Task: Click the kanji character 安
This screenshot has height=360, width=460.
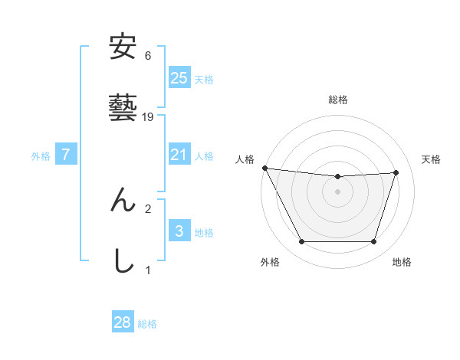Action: [123, 48]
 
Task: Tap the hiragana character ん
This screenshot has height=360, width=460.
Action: [123, 200]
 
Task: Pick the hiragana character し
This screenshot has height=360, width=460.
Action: [123, 260]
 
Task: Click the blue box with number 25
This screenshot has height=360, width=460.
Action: [179, 77]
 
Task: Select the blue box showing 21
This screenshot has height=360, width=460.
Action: [179, 155]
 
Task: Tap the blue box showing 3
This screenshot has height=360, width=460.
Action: [179, 231]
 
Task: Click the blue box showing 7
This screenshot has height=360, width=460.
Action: [66, 155]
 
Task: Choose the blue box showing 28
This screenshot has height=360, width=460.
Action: [123, 322]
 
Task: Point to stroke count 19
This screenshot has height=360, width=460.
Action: [149, 116]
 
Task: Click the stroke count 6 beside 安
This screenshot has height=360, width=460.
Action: [148, 56]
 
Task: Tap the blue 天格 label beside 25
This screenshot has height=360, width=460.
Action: [204, 79]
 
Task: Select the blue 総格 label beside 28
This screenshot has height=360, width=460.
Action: [147, 324]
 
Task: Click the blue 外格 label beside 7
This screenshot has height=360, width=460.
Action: [41, 156]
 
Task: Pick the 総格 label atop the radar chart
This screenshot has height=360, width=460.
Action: [338, 100]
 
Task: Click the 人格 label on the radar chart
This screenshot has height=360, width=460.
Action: [245, 159]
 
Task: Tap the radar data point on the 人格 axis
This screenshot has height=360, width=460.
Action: [264, 168]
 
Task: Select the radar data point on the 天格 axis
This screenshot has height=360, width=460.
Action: [396, 172]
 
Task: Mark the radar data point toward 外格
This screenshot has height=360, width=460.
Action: [301, 242]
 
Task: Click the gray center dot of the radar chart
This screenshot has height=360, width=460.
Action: [338, 191]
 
